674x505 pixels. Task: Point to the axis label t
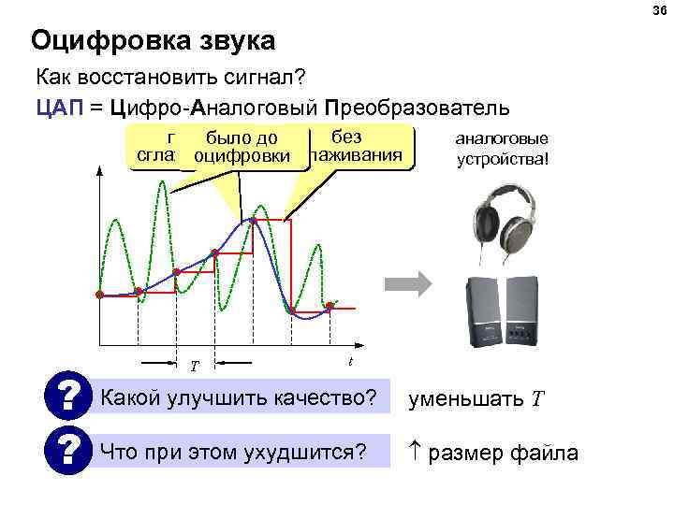click(349, 361)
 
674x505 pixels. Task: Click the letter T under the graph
click(195, 366)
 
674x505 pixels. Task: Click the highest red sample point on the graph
click(254, 221)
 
